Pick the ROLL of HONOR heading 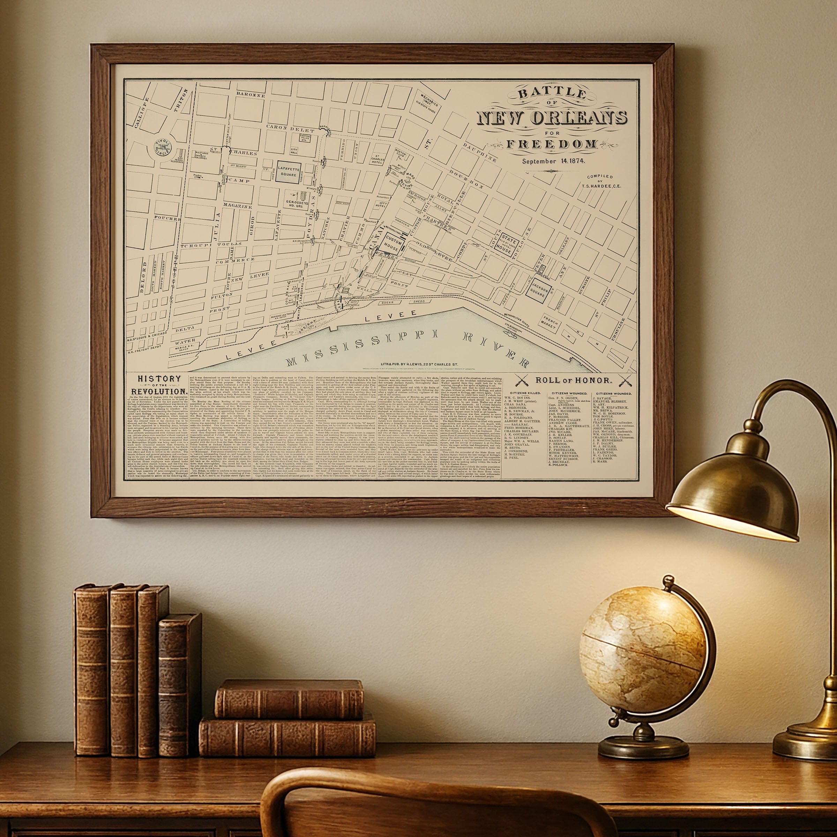[x=574, y=380]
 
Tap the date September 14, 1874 [x=553, y=161]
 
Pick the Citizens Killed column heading [x=522, y=393]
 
